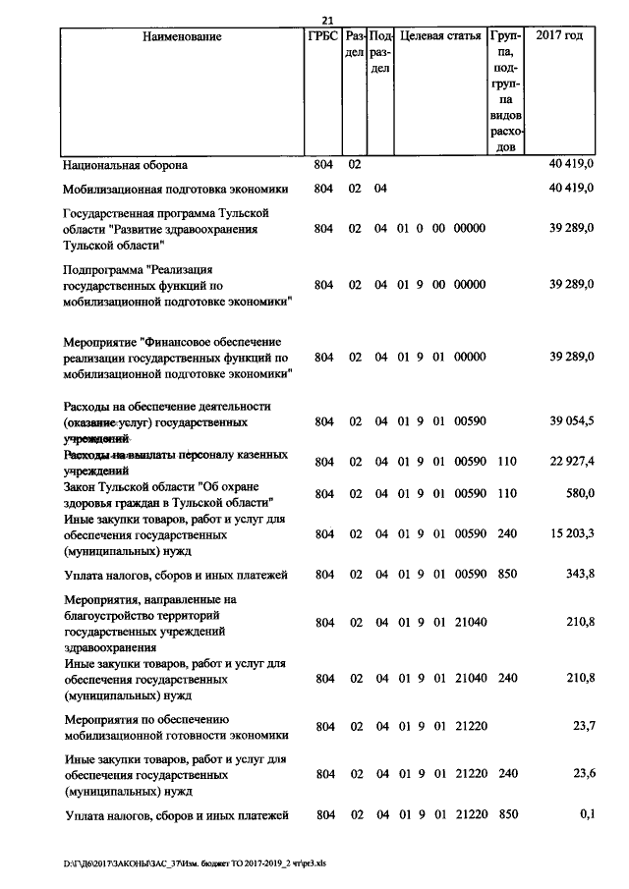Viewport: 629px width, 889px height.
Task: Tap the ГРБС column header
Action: click(322, 37)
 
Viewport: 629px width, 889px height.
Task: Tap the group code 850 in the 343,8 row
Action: click(506, 573)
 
